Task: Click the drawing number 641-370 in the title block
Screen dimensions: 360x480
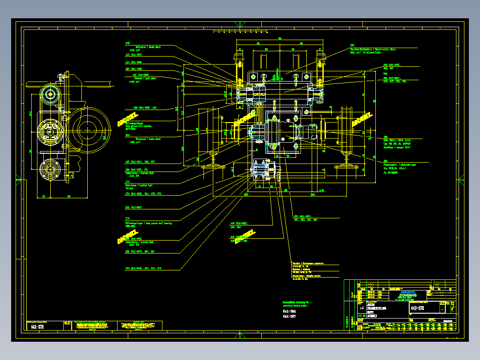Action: click(x=417, y=308)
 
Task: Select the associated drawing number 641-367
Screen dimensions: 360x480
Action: click(x=289, y=316)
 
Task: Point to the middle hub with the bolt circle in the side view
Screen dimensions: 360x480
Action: click(x=50, y=131)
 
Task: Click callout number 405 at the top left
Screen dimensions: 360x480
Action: click(x=127, y=44)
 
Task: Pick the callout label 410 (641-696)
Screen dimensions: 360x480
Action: click(x=133, y=62)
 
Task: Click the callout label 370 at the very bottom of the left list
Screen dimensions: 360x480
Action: click(x=142, y=269)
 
